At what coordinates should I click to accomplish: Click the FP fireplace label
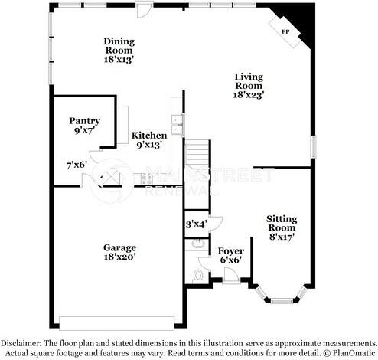point(285,31)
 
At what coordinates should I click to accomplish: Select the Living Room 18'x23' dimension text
point(248,96)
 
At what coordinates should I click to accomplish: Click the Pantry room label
point(84,121)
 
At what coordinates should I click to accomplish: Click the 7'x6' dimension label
point(77,164)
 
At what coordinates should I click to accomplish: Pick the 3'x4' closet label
point(197,224)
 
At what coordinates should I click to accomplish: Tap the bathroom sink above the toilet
point(198,244)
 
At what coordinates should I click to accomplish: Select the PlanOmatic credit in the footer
point(350,352)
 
